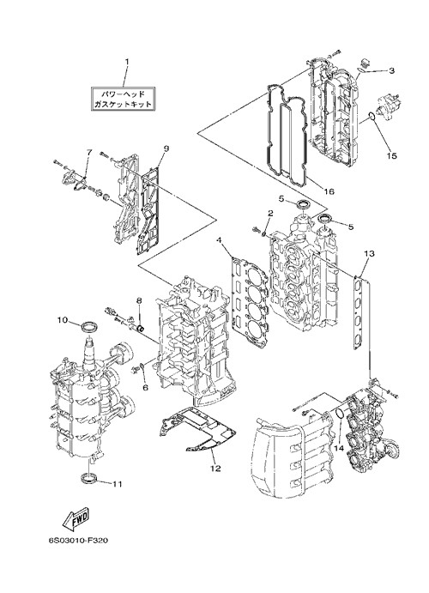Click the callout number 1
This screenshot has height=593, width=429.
coord(127,62)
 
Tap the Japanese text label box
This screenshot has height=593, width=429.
coord(124,99)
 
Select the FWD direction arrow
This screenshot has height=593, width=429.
coord(75,518)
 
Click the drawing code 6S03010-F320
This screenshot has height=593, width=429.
coord(78,541)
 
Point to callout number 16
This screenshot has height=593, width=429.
coord(329,191)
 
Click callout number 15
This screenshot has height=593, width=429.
coord(392,155)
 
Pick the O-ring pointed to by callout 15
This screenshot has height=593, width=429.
coord(372,117)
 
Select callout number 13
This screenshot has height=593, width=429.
coord(369,253)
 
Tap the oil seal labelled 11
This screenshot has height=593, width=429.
coord(89,477)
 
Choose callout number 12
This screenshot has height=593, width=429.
coord(216,469)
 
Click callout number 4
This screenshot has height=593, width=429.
coord(218,239)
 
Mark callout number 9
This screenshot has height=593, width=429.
coord(166,148)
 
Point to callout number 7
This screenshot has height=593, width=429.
coord(89,153)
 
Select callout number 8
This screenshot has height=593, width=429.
coord(139,300)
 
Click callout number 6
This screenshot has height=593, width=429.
coord(146,388)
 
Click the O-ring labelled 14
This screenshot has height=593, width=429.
coord(340,414)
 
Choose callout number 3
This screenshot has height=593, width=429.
coord(391,70)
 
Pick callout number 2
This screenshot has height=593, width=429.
coord(270,214)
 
